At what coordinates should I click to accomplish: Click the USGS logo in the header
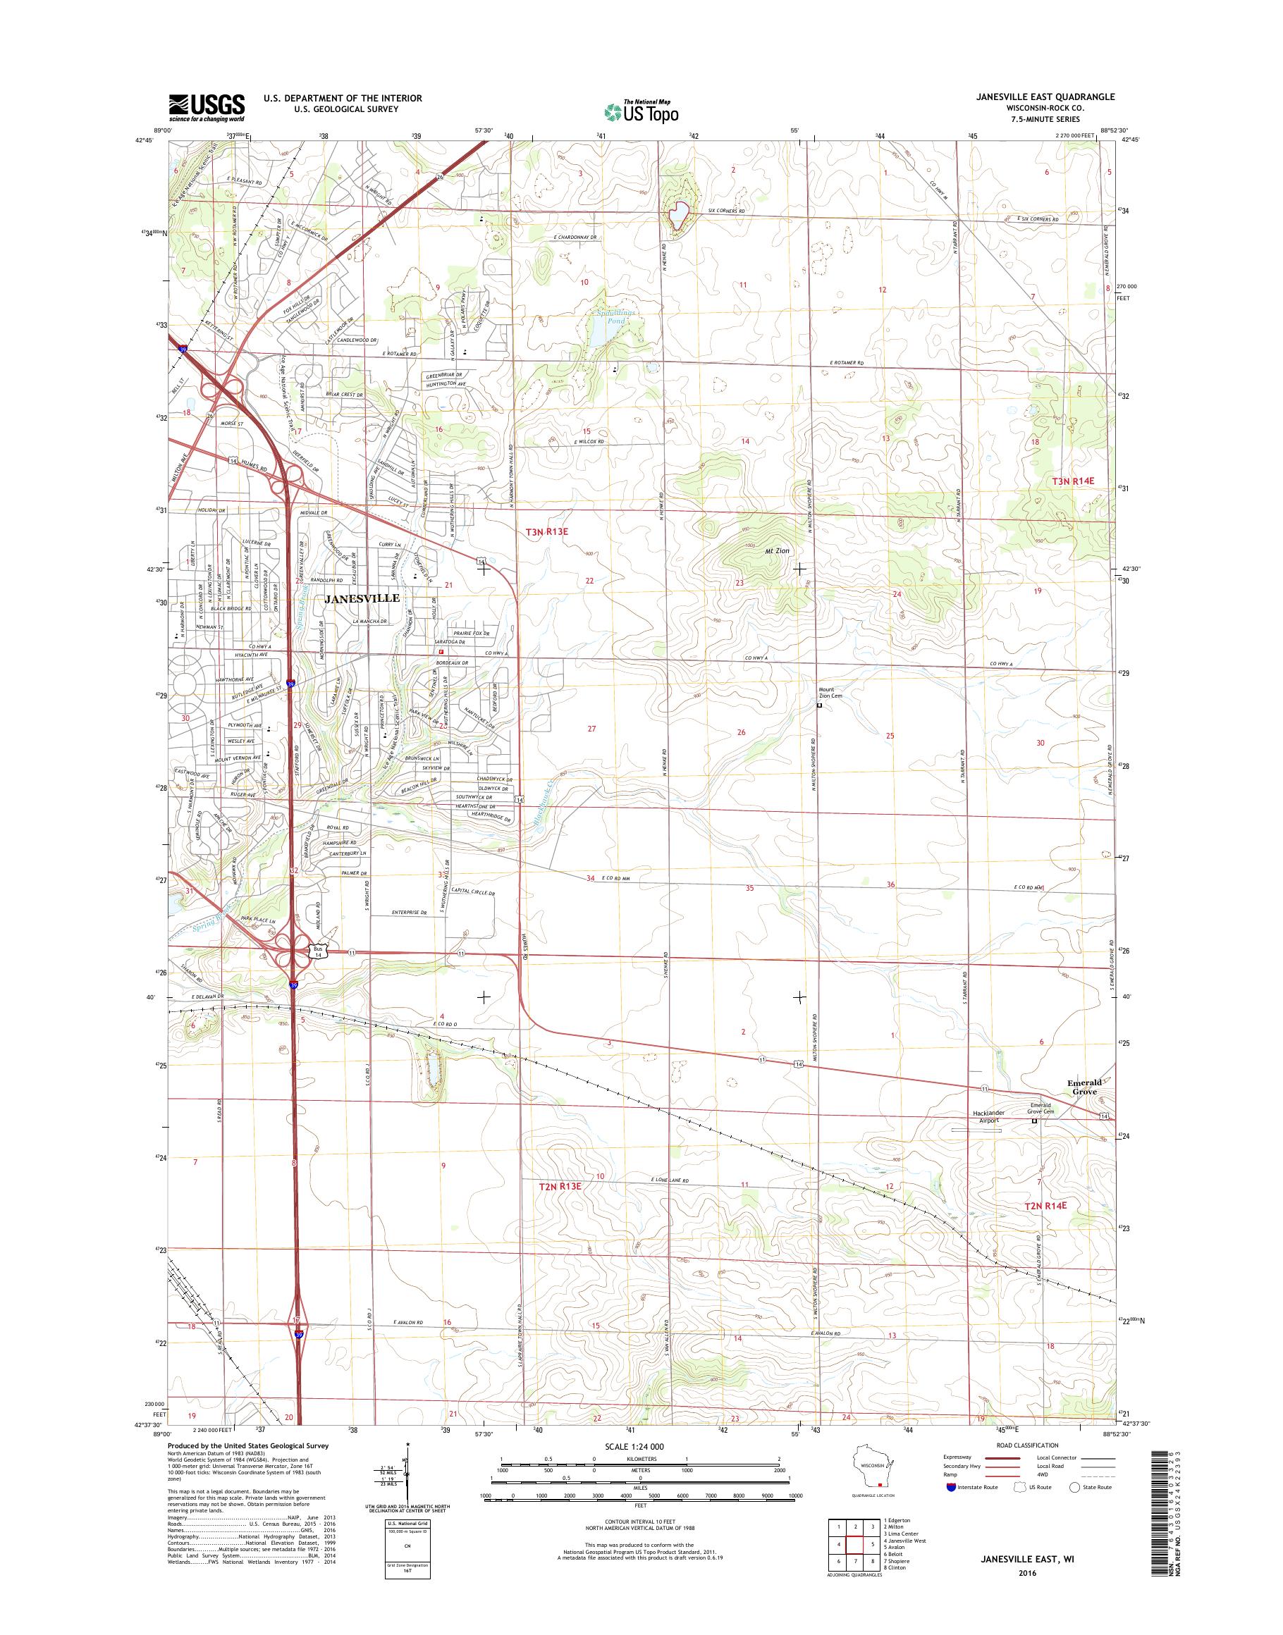(207, 107)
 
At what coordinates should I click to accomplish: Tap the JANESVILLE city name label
(362, 598)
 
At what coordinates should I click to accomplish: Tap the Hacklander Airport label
(983, 1117)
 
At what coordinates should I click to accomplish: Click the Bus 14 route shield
(318, 952)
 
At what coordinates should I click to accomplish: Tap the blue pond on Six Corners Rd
(678, 216)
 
